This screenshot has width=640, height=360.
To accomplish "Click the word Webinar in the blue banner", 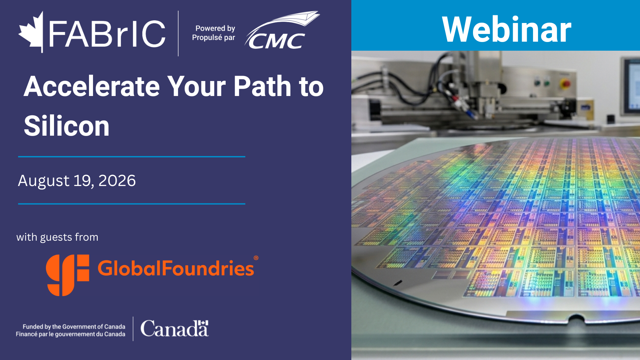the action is [506, 30].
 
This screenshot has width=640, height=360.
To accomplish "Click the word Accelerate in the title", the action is [92, 86].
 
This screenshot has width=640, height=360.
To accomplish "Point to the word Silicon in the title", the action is [67, 126].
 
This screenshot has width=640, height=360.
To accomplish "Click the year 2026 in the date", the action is [117, 181].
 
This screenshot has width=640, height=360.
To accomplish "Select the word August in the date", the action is [44, 181].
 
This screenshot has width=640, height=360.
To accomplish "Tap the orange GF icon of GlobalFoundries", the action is [68, 275].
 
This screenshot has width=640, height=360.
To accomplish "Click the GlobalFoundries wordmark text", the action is [176, 268].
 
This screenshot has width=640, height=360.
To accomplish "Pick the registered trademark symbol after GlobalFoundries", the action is [256, 258].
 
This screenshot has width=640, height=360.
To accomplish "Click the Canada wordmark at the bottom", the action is [175, 328].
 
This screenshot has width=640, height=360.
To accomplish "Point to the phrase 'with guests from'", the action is [57, 237].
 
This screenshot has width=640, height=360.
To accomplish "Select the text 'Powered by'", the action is [215, 28].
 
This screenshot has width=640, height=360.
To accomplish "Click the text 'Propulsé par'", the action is [213, 38].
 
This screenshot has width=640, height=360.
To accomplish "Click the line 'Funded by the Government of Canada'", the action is [74, 327].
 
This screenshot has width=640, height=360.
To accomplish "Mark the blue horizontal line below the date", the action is [132, 204].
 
